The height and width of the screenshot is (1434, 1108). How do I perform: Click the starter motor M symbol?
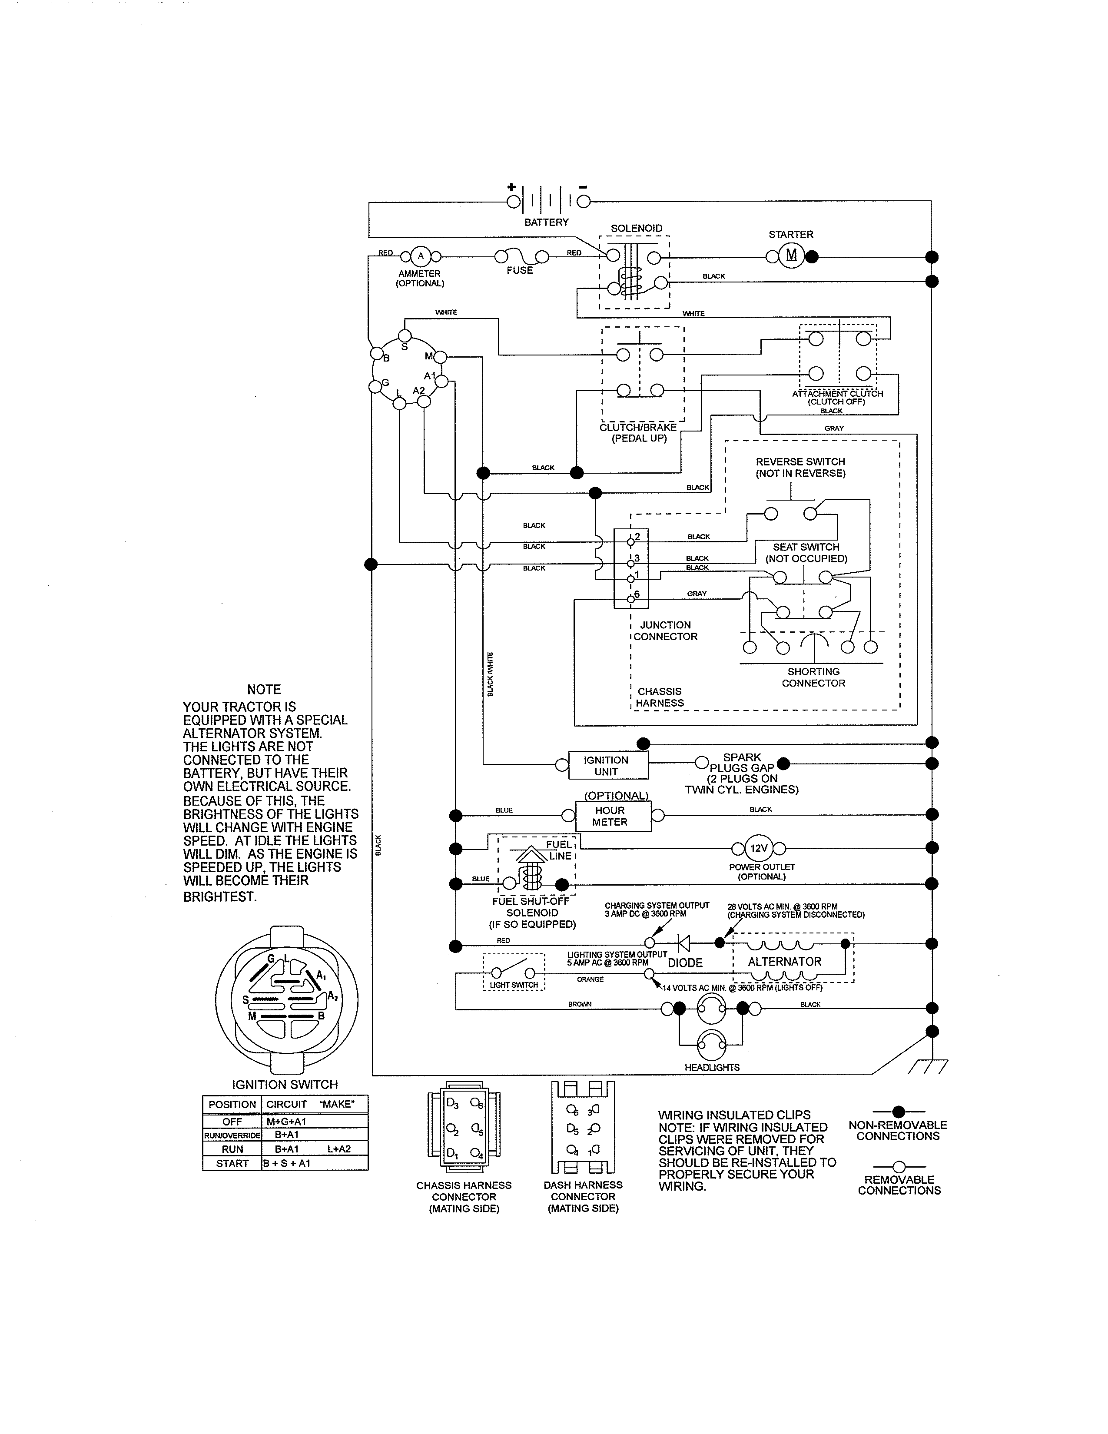click(x=791, y=256)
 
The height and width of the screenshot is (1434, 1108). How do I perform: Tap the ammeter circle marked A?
click(x=421, y=256)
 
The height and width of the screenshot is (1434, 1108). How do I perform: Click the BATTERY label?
click(x=546, y=222)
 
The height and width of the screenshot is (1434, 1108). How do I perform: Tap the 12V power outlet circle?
click(x=758, y=848)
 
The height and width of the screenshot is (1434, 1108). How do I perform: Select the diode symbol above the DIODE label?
click(x=683, y=943)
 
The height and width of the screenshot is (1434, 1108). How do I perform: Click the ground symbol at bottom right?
click(x=928, y=1067)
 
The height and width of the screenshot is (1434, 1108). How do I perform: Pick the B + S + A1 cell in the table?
click(x=287, y=1163)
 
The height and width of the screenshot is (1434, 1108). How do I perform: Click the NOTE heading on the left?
click(x=264, y=690)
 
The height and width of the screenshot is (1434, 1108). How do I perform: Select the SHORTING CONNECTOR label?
click(x=813, y=677)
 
